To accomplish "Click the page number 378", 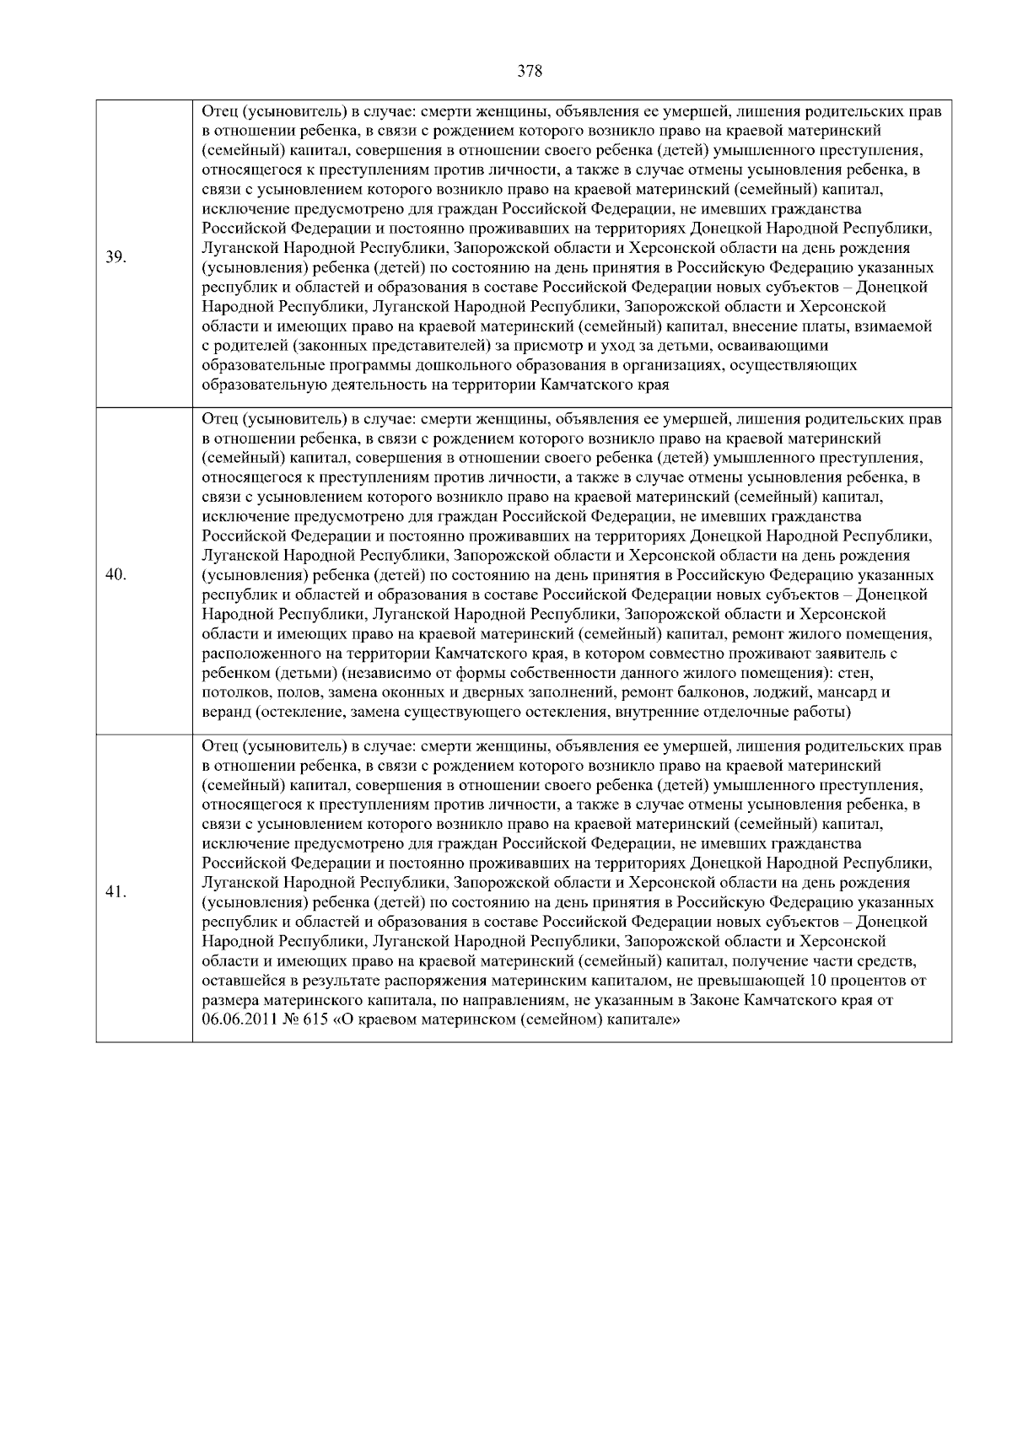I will (x=529, y=71).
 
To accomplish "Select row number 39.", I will (x=116, y=256).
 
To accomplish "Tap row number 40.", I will (x=116, y=575).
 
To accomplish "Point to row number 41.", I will (x=116, y=892).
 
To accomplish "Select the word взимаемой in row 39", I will (x=896, y=326).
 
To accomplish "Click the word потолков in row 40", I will (x=233, y=693).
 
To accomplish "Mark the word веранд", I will (x=226, y=713).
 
